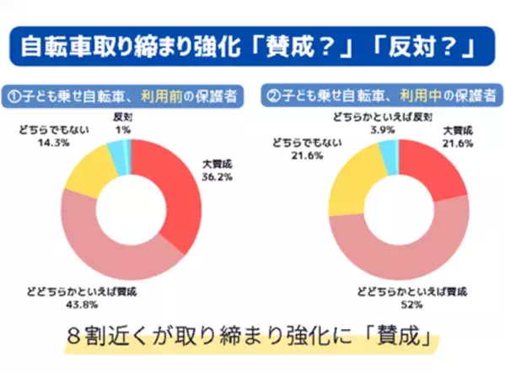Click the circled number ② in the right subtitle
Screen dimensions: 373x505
coord(275,92)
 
